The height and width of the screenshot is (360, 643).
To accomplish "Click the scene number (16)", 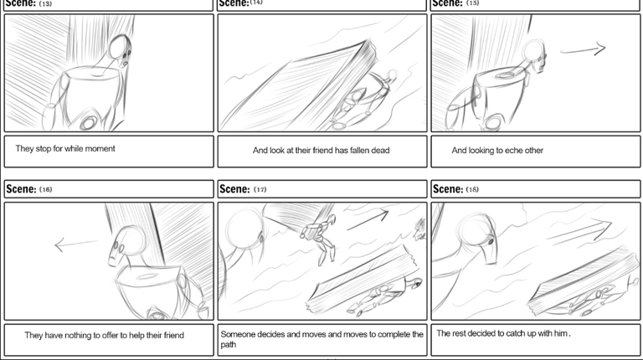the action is click(45, 189).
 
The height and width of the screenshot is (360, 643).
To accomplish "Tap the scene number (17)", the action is click(260, 189).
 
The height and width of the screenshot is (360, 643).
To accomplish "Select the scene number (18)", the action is click(472, 189).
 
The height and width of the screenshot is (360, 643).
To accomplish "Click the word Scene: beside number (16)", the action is click(21, 189).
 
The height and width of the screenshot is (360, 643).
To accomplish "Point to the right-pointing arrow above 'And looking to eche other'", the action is click(583, 49).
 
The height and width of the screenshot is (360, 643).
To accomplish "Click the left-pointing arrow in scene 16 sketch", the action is click(76, 244).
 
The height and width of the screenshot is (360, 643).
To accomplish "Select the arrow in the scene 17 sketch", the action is click(368, 219).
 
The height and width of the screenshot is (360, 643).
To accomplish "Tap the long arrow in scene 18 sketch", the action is click(579, 230).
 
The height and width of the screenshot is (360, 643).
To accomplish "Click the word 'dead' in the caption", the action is click(380, 151).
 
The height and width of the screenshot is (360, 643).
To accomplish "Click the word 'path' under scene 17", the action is click(229, 345).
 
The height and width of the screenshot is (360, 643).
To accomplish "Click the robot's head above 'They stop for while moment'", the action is click(121, 50).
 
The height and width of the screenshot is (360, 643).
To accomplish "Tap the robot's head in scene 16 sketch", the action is click(126, 244).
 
